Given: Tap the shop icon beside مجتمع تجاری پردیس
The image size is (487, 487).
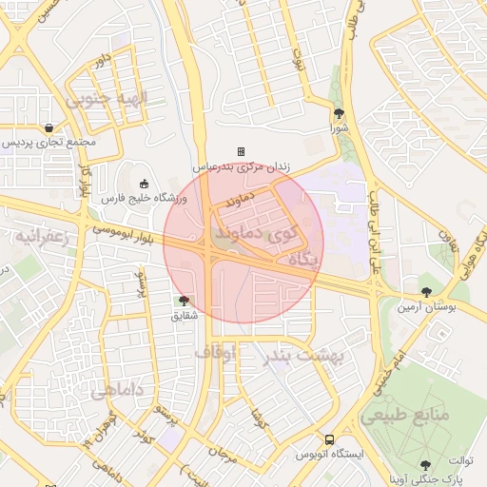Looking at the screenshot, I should click(48, 127).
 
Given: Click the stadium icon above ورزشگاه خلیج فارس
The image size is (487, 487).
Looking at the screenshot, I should click(144, 184).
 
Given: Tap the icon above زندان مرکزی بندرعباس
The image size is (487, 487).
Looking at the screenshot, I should click(241, 151).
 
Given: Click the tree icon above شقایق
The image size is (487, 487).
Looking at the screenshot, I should click(184, 301).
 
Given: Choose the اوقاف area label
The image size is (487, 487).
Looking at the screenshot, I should click(215, 353).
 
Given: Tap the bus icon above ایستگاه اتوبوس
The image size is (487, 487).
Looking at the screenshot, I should click(328, 440).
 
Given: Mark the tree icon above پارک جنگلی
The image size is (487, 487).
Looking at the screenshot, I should click(424, 465).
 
